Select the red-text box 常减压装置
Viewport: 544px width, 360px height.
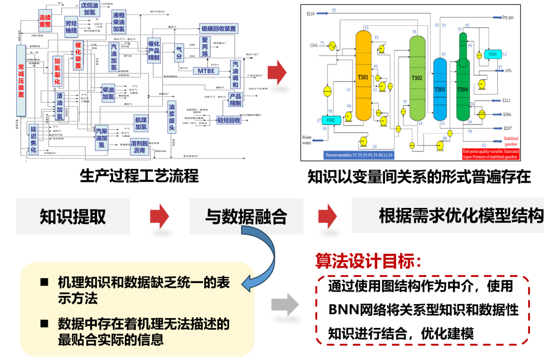21,80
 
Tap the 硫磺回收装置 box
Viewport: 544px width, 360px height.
218,28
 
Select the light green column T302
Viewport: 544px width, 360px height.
416,78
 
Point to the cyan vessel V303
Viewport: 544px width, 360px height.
492,54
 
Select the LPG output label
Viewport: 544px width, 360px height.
509,71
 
